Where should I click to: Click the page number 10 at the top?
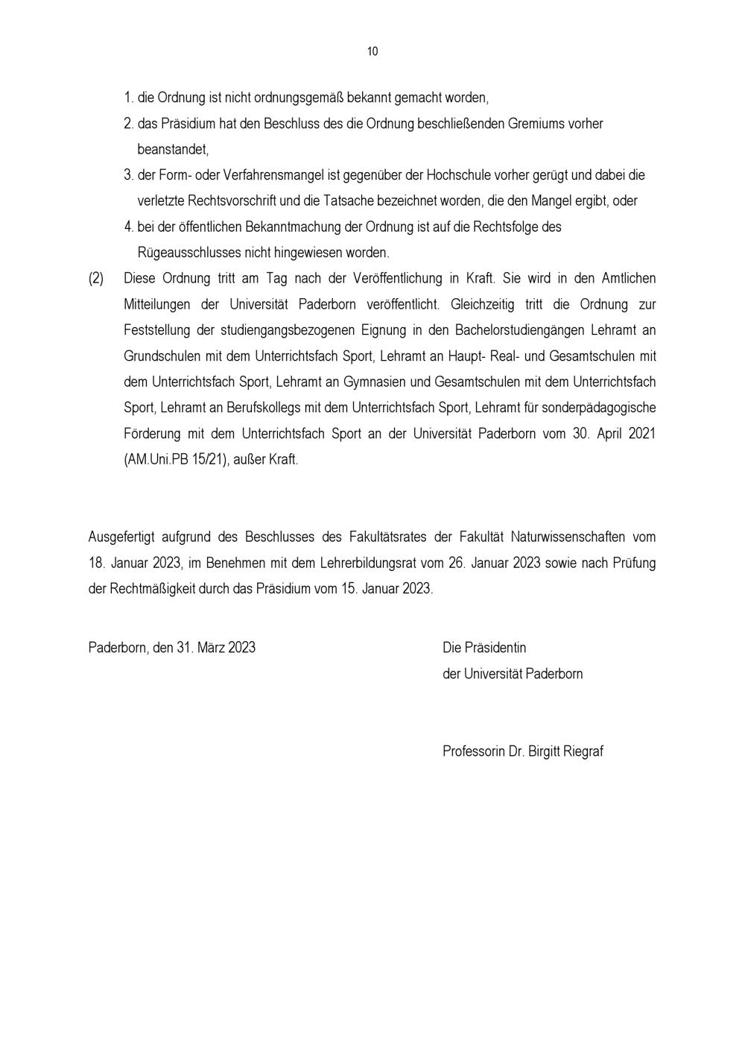point(372,51)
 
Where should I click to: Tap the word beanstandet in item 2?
point(173,149)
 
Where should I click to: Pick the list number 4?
point(128,227)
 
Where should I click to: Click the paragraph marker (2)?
point(96,278)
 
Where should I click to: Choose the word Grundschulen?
point(159,356)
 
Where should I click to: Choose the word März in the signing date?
point(210,648)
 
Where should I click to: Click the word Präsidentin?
point(495,648)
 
